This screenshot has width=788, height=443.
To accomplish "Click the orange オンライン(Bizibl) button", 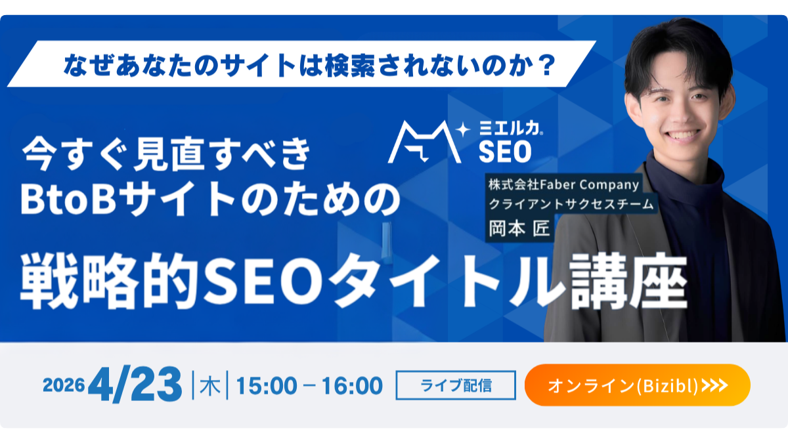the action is point(637,385).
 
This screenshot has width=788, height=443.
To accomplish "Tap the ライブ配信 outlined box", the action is point(456,385).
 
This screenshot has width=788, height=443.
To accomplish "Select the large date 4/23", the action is point(135,385).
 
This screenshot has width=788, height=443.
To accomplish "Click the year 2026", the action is point(64,385).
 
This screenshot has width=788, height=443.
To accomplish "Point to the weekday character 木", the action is point(210,386).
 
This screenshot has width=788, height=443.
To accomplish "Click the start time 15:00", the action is point(267,386).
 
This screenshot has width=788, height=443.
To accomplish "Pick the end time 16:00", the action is point(352,386).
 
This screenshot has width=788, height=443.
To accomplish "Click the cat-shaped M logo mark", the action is point(424,142).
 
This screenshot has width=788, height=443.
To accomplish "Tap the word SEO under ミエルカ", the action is point(505,152).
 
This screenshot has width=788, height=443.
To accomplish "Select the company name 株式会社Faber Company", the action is point(563,184).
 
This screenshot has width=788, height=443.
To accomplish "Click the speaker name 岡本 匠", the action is point(519,228).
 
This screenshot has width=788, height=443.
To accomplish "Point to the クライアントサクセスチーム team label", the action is point(571,204).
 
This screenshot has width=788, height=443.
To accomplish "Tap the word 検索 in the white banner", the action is point(350,66).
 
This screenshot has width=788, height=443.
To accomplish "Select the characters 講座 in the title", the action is point(628,282).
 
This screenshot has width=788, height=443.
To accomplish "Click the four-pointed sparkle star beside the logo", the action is point(464,129).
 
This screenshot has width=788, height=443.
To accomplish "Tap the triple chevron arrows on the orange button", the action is point(714,385).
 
